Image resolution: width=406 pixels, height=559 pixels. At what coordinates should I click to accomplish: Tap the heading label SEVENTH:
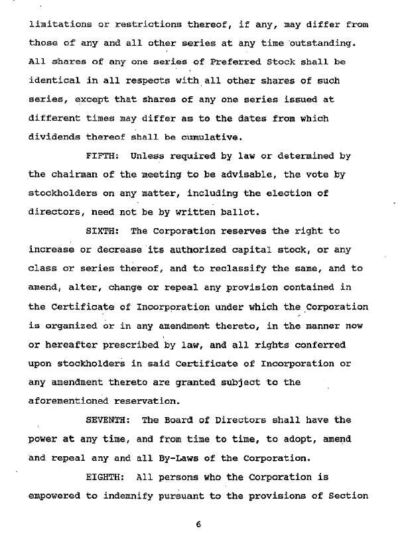[x=111, y=420]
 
